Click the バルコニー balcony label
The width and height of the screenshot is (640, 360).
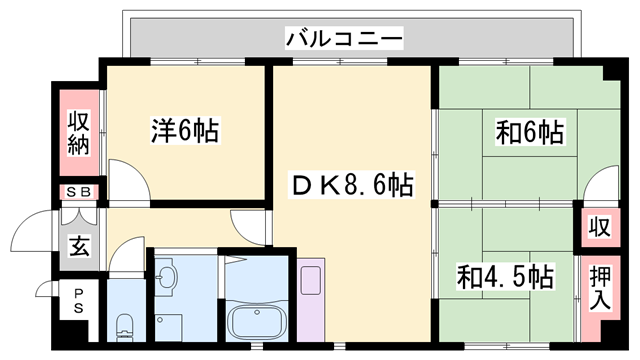pos(344,39)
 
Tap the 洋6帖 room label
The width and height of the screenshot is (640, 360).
pos(185,131)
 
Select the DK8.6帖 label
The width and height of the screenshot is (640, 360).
pos(351,185)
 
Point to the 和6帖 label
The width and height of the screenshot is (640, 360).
pos(530,132)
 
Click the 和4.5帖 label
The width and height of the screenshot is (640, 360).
pos(505,277)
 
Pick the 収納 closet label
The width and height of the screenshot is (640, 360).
pos(79,133)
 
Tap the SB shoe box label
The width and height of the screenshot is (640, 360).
pos(78,192)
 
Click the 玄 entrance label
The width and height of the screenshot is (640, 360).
pos(79,246)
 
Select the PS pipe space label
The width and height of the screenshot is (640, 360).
pos(78,301)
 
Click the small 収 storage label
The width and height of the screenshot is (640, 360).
pos(600,227)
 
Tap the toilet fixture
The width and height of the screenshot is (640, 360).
pos(125,327)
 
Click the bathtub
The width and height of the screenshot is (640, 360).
pos(256,322)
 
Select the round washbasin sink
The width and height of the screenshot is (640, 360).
pos(167,276)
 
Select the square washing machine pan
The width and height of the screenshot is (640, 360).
pos(169,327)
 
